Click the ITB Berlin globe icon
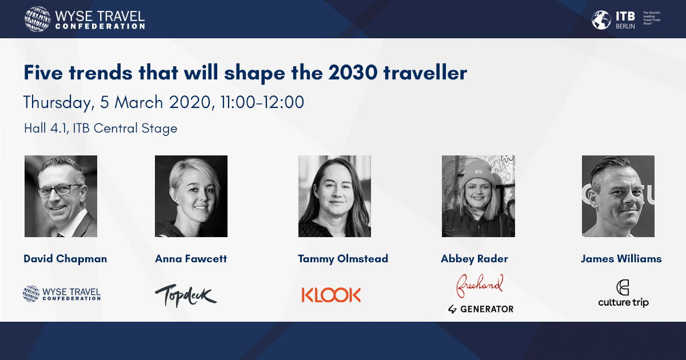tap(601, 20)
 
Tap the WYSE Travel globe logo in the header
tap(37, 19)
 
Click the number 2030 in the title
tap(353, 73)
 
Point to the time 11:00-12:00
tap(262, 102)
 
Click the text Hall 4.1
tap(46, 128)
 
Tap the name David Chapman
tap(65, 259)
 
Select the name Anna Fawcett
tap(191, 259)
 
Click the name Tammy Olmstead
tap(343, 259)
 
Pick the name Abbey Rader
tap(474, 259)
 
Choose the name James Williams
tap(621, 259)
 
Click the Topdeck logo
tap(186, 295)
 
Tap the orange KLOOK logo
tap(331, 295)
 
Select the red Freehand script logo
tap(479, 286)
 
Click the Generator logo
tap(481, 309)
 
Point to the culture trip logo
tap(623, 294)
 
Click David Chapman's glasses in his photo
tap(59, 190)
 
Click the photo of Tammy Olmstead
tap(335, 196)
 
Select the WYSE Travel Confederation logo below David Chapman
tap(62, 294)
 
